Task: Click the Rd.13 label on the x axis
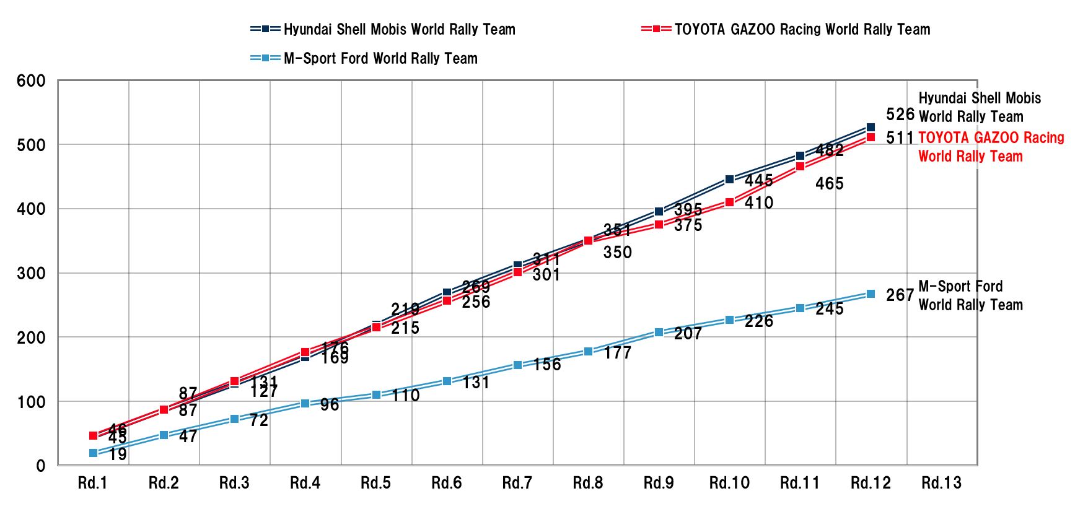pos(941,483)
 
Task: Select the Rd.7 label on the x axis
pos(517,483)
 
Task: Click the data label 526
pos(900,115)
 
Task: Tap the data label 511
pos(900,138)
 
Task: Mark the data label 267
pos(900,295)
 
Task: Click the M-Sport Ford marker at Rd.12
pos(871,294)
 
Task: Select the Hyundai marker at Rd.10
pos(729,180)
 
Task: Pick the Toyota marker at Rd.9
pos(659,224)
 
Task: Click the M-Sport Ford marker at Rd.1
pos(94,453)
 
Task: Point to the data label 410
pos(758,203)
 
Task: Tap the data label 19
pos(118,455)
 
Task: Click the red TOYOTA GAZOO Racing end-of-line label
pos(990,147)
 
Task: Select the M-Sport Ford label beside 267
pos(970,295)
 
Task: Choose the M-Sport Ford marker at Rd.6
pos(447,381)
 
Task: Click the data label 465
pos(829,184)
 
